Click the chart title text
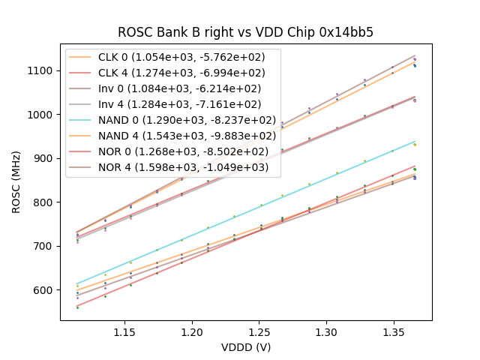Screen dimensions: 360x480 pyautogui.click(x=245, y=33)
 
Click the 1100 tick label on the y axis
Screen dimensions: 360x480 pyautogui.click(x=41, y=70)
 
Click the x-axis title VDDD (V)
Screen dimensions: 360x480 pyautogui.click(x=245, y=347)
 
